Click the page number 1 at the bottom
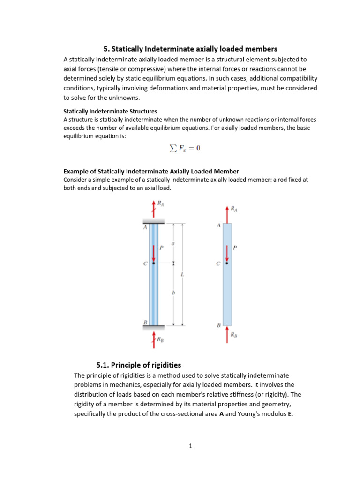[190, 446]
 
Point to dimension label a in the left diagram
[174, 243]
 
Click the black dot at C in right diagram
[227, 263]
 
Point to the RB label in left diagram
[160, 339]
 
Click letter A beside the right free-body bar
[218, 225]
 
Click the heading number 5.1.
[103, 365]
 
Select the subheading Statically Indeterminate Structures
[110, 112]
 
